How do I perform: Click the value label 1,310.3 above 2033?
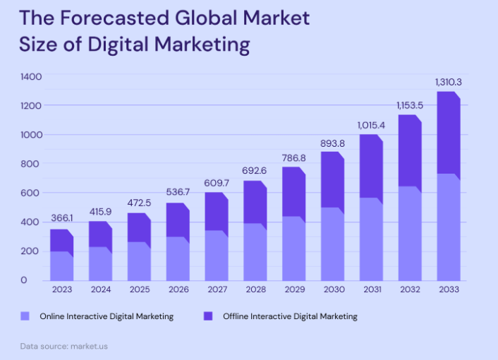pos(448,83)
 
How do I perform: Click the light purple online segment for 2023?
pos(61,265)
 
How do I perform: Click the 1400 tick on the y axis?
pos(32,76)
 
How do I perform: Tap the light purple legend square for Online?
pos(26,316)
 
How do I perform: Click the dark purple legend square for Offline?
pos(209,316)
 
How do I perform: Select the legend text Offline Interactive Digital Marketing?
pos(290,316)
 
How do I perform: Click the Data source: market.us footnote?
pos(63,347)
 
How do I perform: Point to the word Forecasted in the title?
pos(119,18)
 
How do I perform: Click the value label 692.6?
pos(255,171)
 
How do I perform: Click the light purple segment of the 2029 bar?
pos(293,248)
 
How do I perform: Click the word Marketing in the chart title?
pos(199,44)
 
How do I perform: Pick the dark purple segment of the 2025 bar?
pos(139,228)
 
